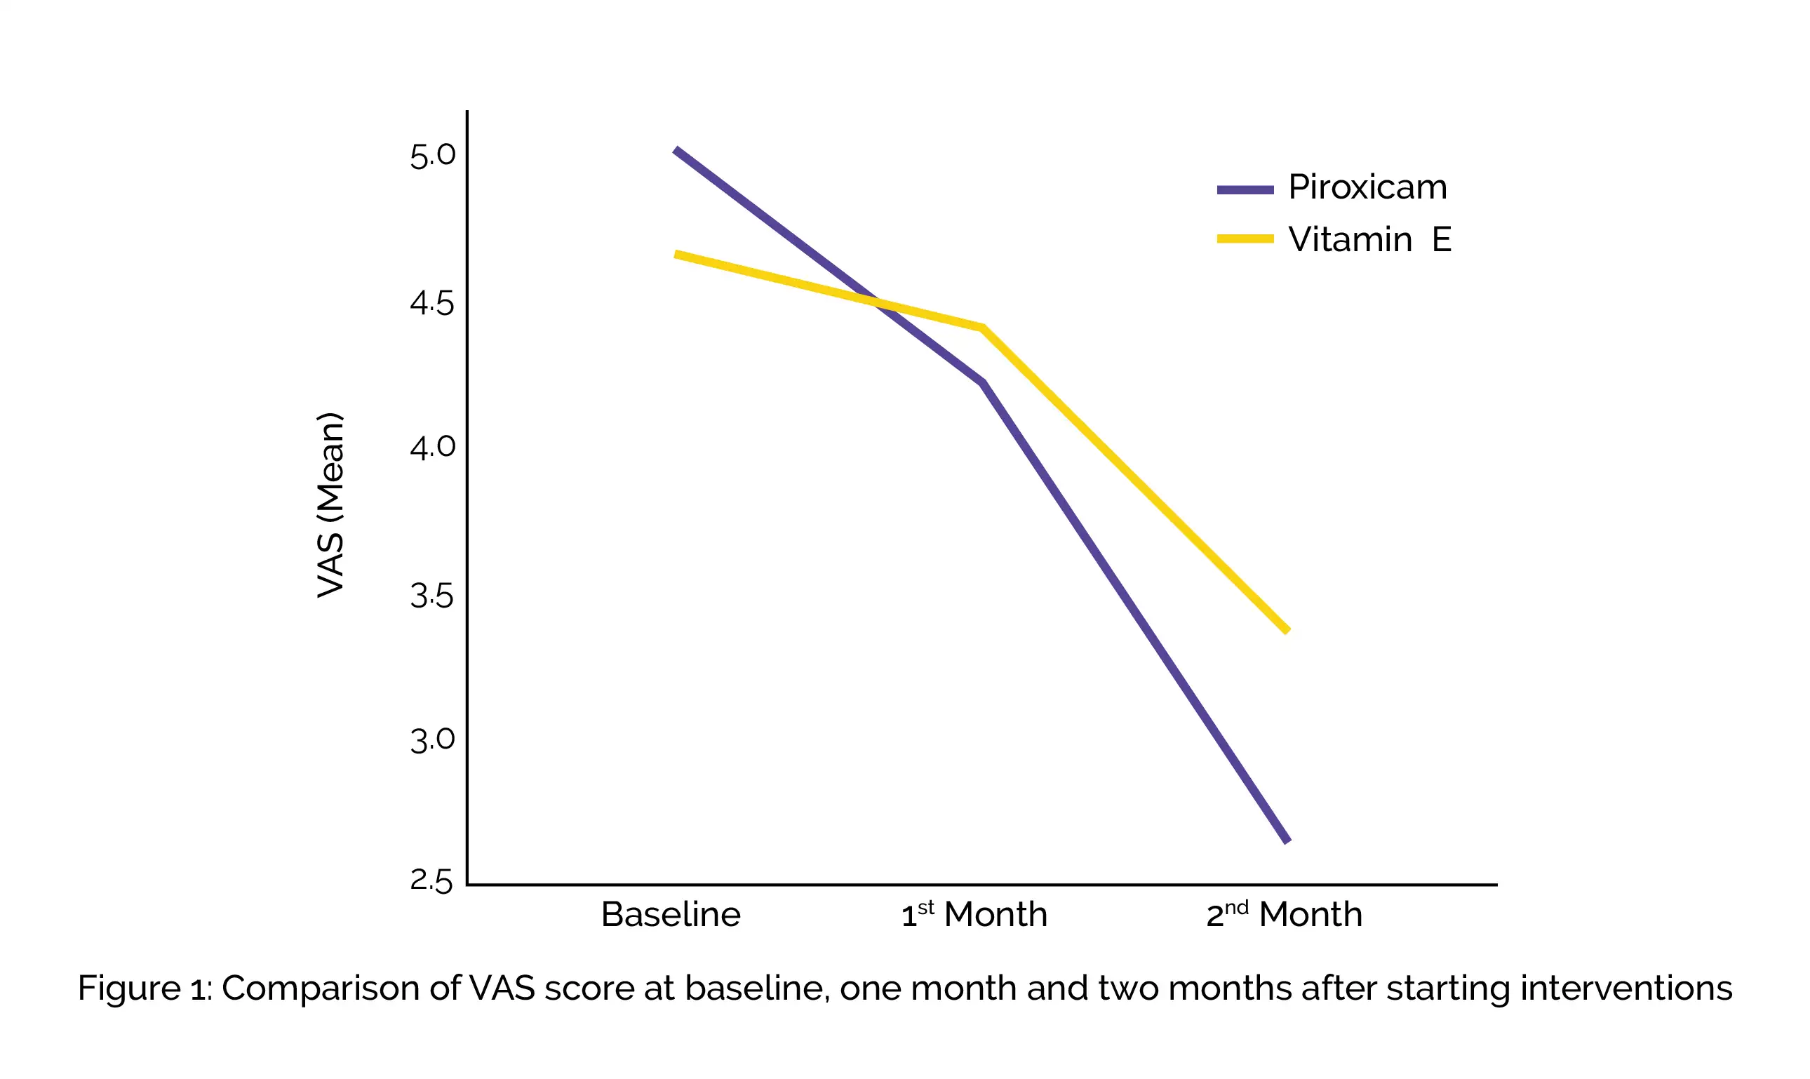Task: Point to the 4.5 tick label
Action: coord(433,303)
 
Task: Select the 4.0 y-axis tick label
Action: coord(433,446)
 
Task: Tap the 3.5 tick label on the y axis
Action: coord(433,596)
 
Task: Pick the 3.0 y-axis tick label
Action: coord(433,740)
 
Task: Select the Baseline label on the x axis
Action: coord(670,915)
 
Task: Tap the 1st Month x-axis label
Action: coord(974,914)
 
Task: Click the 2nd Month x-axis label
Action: coord(1284,914)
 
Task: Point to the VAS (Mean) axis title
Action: coord(330,505)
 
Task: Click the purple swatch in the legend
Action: coord(1245,189)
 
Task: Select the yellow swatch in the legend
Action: coord(1245,239)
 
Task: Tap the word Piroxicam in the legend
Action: coord(1367,187)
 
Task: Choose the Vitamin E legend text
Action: coord(1369,239)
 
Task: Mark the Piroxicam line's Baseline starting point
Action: coord(676,151)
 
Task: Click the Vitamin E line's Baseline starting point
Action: coord(676,255)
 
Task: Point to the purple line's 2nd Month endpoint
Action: coord(1287,840)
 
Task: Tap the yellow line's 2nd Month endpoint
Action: coord(1287,631)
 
